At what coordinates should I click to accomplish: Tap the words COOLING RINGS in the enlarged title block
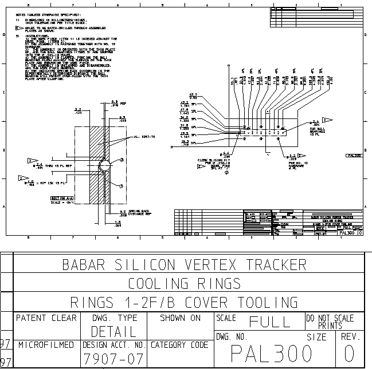[184, 284]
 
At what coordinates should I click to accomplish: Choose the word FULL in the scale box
[269, 322]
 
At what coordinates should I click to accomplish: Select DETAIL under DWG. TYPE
[113, 331]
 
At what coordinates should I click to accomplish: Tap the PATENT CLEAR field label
[46, 318]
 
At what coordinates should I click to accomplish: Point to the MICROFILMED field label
[46, 345]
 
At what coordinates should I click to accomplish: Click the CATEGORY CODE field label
[179, 345]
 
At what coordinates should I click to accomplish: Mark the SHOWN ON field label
[180, 318]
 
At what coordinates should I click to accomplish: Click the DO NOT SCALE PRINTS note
[330, 322]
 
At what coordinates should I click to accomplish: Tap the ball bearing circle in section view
[104, 166]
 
